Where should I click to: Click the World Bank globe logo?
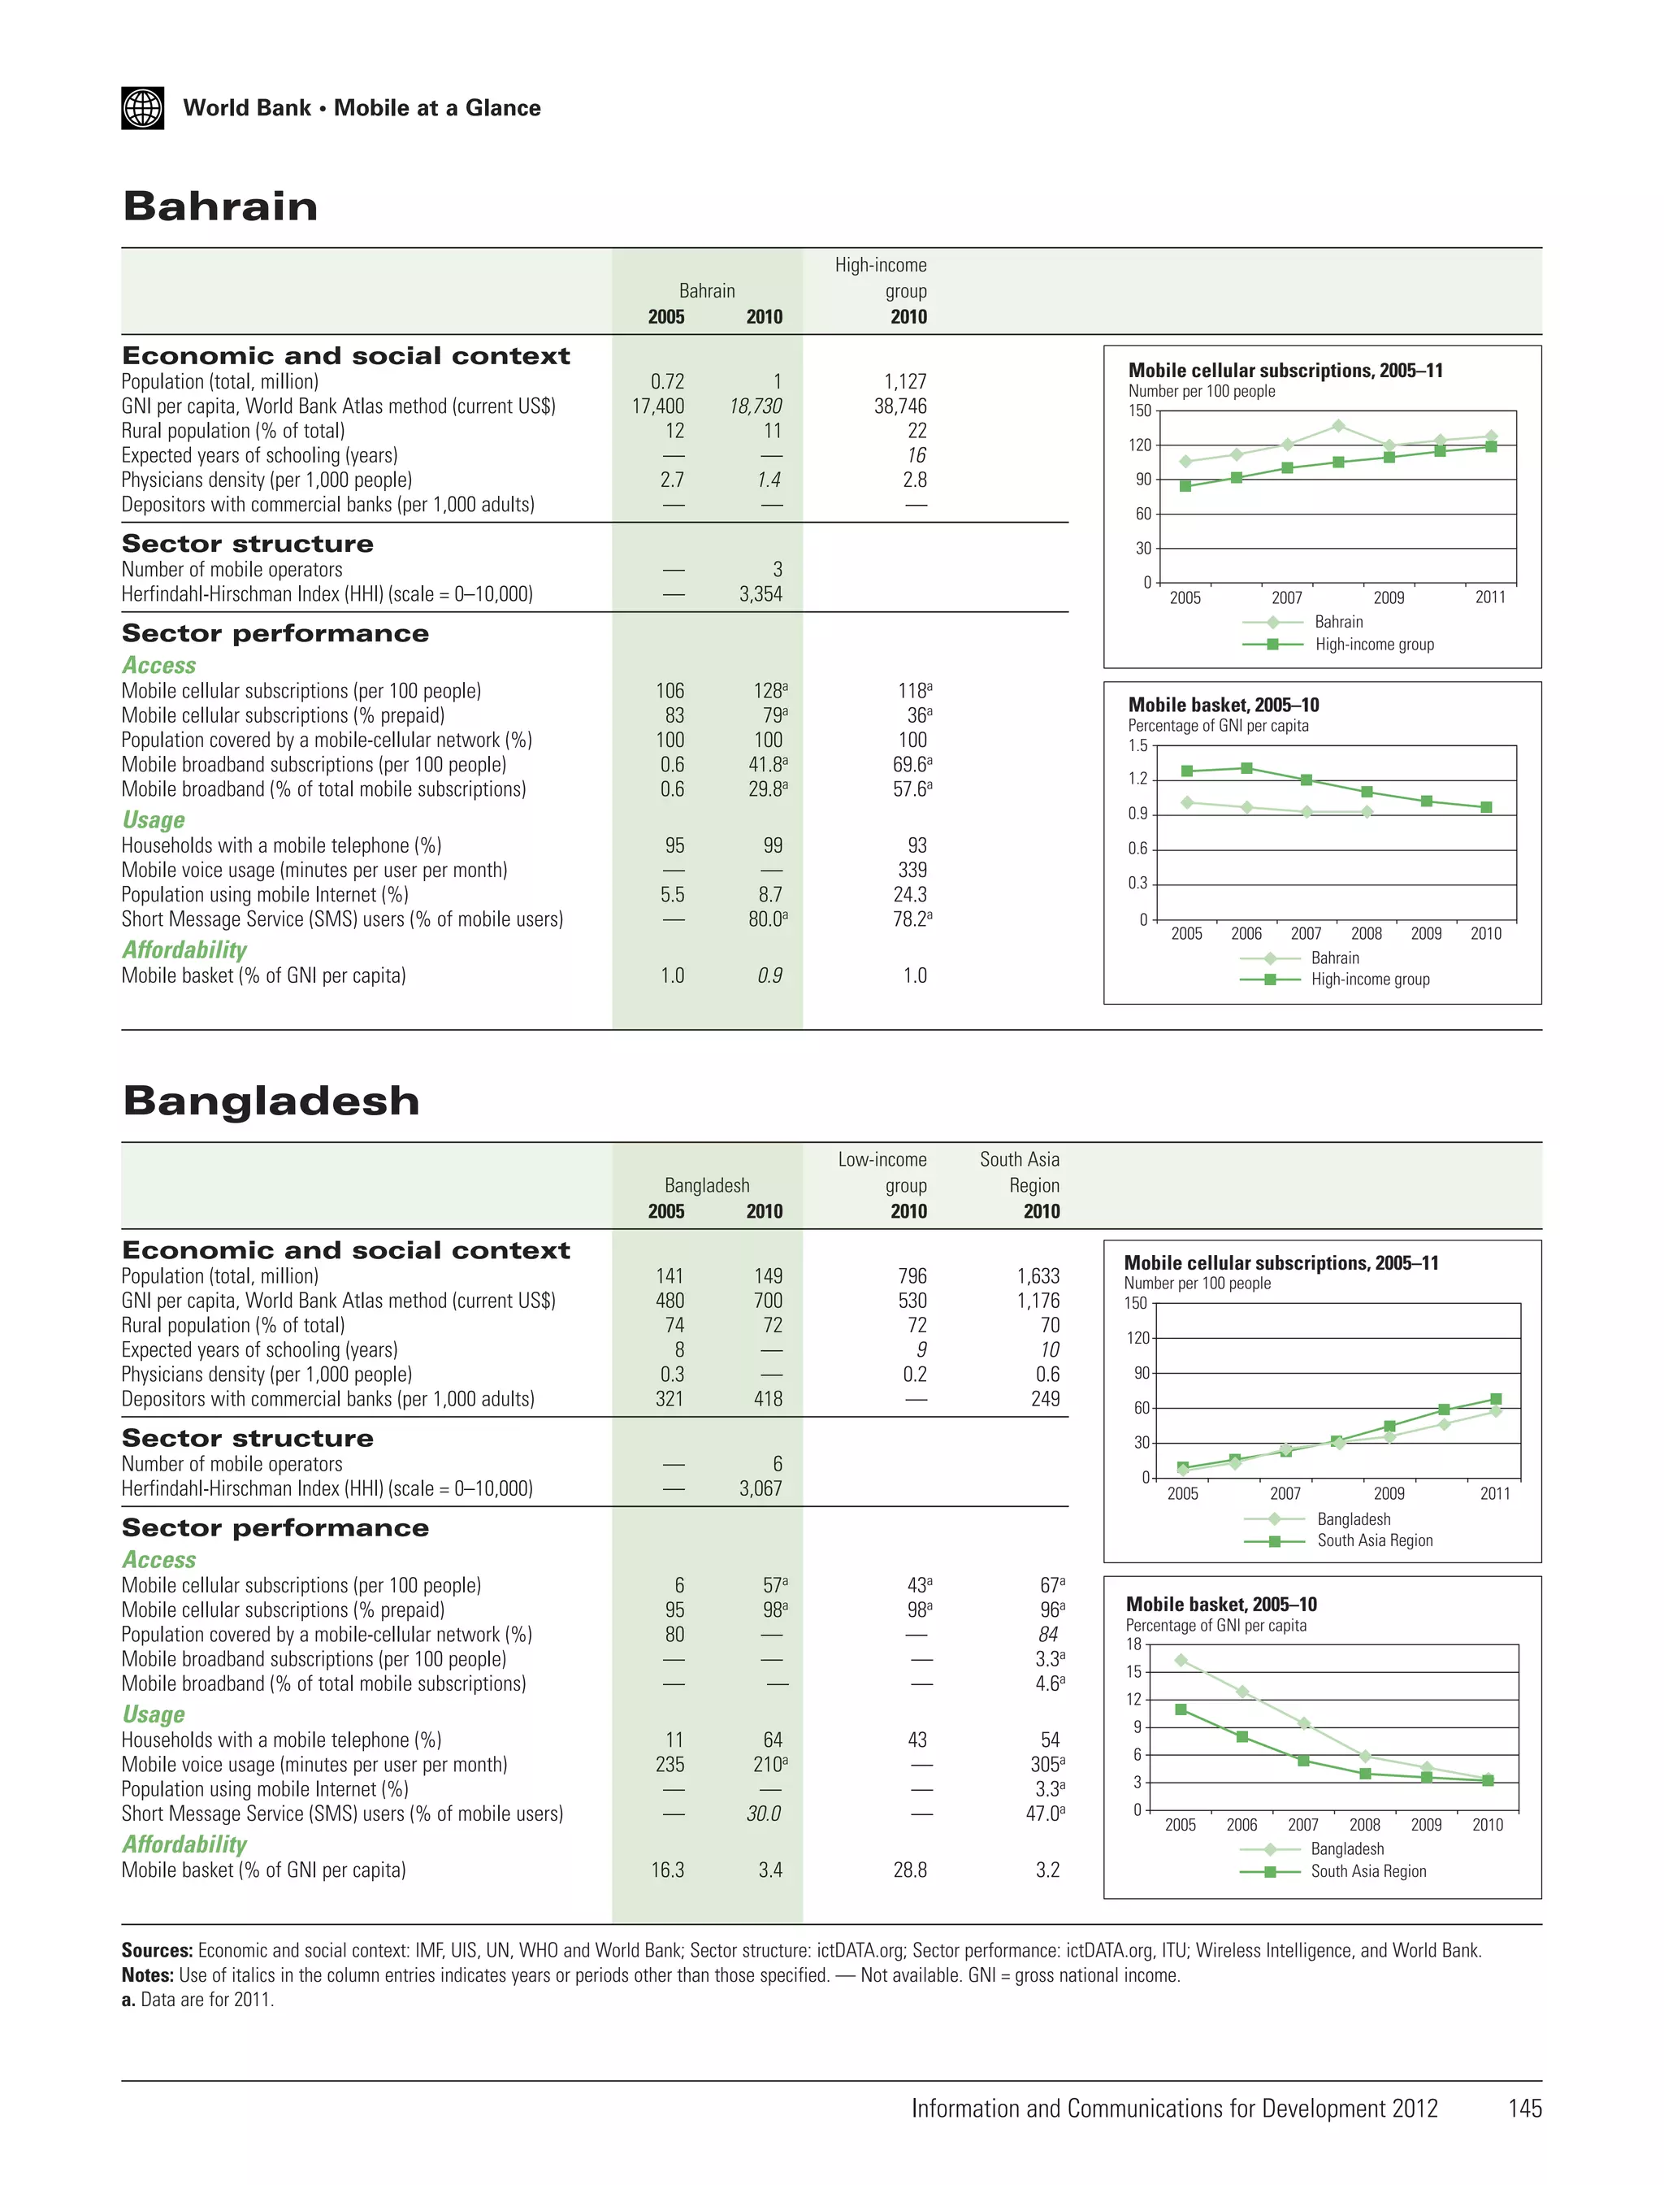point(143,108)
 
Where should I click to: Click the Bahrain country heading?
point(220,206)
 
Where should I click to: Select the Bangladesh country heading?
point(271,1101)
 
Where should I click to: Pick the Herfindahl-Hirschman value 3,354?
point(760,594)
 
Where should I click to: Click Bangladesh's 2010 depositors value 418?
point(768,1399)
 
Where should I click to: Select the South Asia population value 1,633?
point(1038,1276)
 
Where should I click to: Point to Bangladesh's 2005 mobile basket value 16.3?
point(668,1870)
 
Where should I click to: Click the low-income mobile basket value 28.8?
point(910,1870)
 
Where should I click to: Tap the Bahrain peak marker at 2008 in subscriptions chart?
point(1338,426)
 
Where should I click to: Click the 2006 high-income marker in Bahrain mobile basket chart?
point(1247,768)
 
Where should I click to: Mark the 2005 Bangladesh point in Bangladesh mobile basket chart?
point(1181,1660)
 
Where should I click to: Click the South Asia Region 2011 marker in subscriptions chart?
point(1496,1399)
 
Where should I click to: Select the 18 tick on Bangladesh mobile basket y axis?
point(1134,1644)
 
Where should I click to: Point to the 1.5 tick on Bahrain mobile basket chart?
point(1138,745)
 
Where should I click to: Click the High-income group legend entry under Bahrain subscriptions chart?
point(1374,644)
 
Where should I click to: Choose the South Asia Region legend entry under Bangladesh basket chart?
point(1368,1871)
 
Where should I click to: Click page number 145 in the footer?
point(1524,2109)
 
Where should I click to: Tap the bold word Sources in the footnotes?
point(157,1950)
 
